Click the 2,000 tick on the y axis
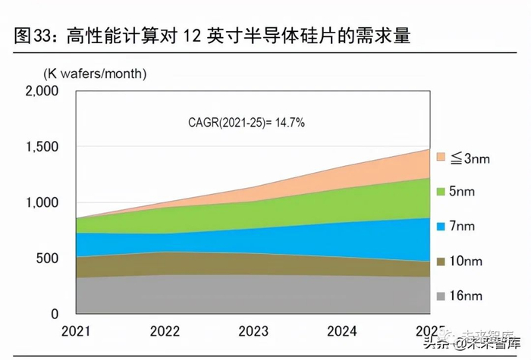click(41, 91)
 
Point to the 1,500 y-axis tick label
click(41, 147)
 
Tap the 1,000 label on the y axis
click(41, 202)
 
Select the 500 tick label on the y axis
click(47, 258)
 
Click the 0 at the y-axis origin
click(55, 314)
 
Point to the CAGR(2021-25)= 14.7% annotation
click(247, 122)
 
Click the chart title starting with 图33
click(212, 36)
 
